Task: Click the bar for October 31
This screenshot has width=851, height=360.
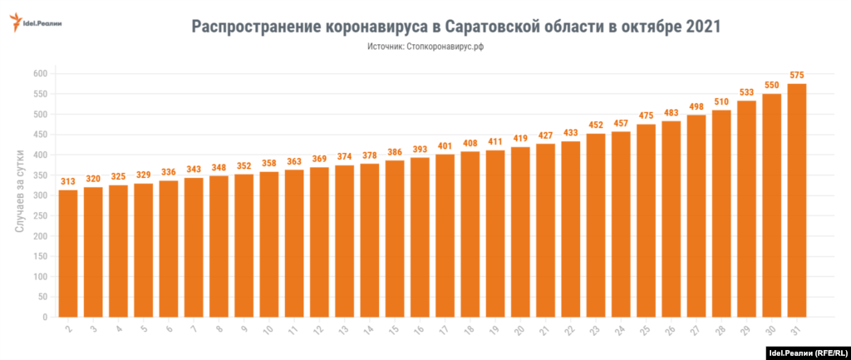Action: (x=797, y=200)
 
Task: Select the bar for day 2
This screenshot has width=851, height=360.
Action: (x=68, y=254)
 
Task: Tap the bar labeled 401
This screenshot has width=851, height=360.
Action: (x=445, y=235)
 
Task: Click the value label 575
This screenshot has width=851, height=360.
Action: (x=797, y=76)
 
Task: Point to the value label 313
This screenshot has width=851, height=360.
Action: (x=68, y=182)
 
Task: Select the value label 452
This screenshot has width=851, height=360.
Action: (x=596, y=126)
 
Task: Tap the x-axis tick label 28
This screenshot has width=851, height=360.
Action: (x=721, y=330)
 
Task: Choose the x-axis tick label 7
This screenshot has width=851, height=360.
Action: (x=194, y=330)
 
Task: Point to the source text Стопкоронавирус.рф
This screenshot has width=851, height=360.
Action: (x=445, y=47)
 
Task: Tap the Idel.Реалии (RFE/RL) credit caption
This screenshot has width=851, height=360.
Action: (x=804, y=352)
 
